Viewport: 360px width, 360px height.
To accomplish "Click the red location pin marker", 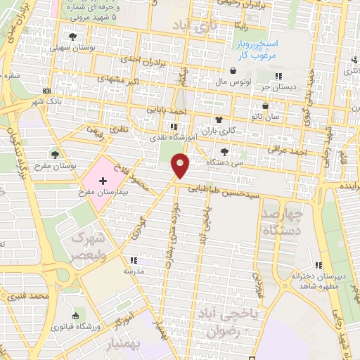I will [181, 166].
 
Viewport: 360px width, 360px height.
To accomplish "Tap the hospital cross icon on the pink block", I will [103, 181].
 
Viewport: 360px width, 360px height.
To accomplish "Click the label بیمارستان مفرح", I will [103, 191].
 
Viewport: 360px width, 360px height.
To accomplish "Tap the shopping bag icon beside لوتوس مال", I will [233, 70].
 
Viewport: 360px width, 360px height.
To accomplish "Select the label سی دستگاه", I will [224, 162].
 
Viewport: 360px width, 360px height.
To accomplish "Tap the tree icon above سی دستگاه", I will [224, 151].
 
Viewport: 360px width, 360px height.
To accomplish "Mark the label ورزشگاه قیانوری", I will [75, 326].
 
